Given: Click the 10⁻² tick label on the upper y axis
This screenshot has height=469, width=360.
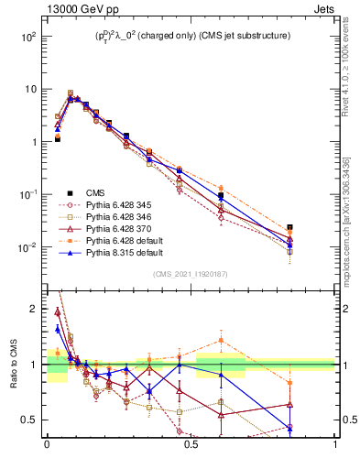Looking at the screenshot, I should coord(28,247).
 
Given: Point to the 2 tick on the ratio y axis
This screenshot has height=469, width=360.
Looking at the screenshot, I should coord(33,309).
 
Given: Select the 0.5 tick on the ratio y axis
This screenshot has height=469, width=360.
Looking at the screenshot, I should coord(29,420).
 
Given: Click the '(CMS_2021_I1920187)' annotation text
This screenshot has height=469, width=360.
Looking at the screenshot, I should coord(191,273).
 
